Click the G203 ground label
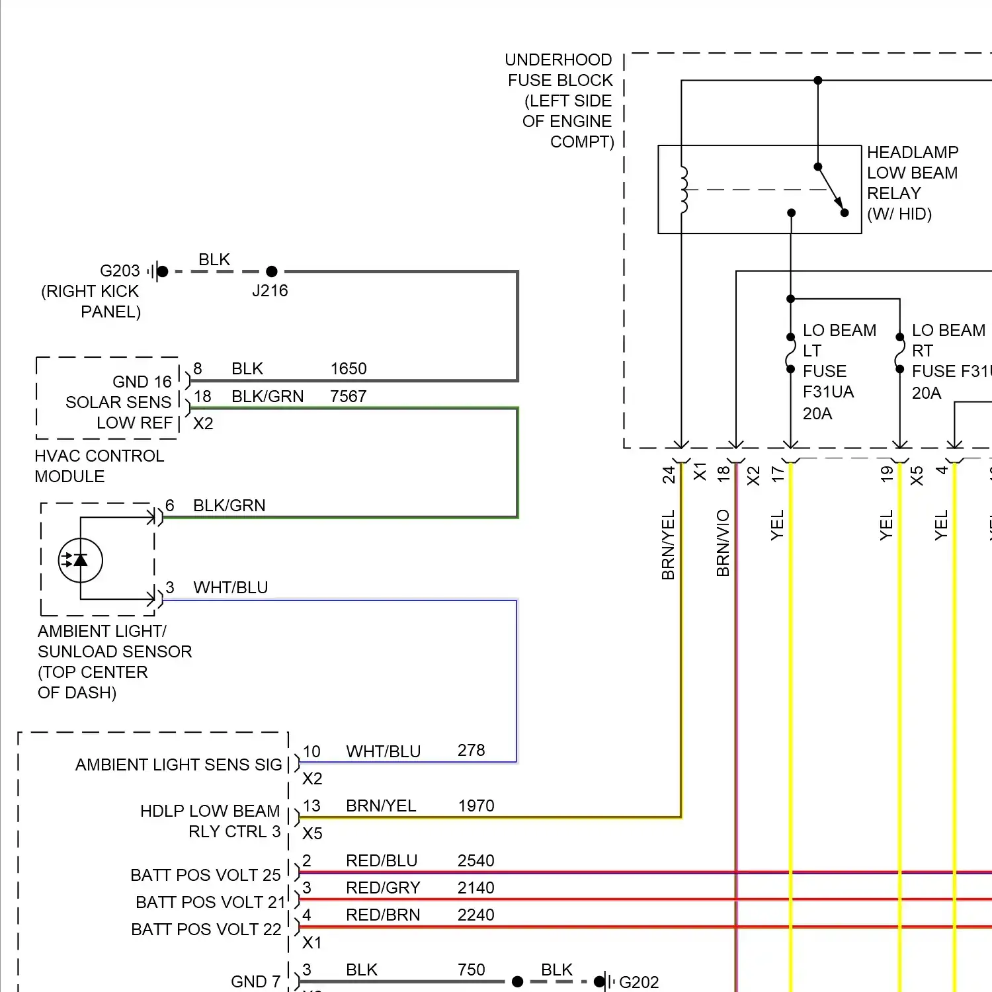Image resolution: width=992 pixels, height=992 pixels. point(120,271)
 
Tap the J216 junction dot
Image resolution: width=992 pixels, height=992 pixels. point(271,271)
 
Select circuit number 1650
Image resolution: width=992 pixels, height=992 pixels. point(349,368)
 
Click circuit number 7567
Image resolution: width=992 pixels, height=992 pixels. point(349,396)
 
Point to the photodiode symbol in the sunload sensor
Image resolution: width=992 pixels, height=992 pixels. point(81,560)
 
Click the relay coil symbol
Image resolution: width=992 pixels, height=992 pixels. point(684,190)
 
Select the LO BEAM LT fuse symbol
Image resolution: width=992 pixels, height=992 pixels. point(790,353)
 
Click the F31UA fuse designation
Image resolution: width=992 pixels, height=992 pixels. point(828,392)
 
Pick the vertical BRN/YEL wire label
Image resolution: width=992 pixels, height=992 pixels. point(668,544)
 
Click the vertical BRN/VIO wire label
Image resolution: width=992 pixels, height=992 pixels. point(723,543)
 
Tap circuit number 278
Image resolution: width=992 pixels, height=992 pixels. point(471,751)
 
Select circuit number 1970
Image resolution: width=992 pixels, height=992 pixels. point(476,806)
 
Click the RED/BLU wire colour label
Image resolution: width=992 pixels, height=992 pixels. point(382,860)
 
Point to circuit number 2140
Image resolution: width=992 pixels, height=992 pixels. point(476,888)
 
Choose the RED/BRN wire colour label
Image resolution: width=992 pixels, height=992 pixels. point(383,915)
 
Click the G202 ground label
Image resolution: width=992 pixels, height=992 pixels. point(639,982)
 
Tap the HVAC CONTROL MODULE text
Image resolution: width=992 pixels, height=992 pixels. point(99,466)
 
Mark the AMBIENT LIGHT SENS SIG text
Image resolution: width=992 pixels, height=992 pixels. point(179,765)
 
